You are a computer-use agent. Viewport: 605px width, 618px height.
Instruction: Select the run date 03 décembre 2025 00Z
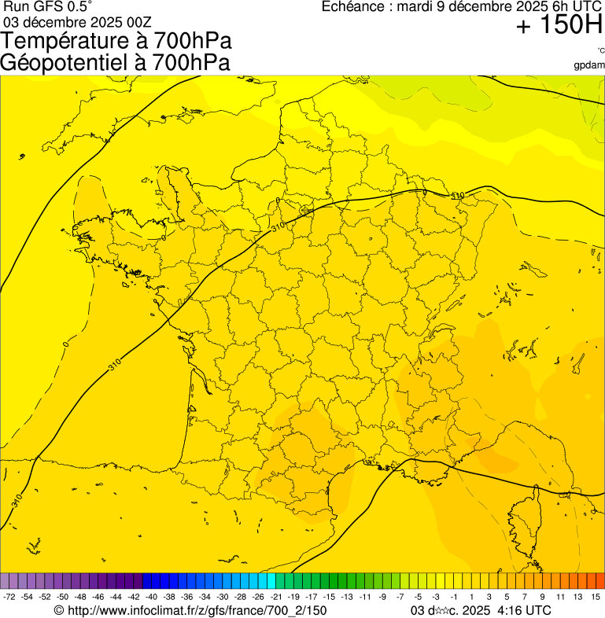(77, 21)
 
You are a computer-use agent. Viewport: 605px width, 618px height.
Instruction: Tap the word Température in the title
(71, 41)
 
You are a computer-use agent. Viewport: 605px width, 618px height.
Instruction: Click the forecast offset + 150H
(559, 26)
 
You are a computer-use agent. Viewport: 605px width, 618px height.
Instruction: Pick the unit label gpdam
(589, 64)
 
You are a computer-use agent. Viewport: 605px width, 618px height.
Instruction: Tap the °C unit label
(600, 51)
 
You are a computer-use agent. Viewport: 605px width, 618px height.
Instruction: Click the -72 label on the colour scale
(9, 598)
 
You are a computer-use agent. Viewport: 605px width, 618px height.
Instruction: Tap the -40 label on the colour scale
(151, 598)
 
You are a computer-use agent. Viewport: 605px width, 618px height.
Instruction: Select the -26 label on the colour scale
(257, 598)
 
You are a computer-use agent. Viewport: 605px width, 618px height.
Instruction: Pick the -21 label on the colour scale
(275, 598)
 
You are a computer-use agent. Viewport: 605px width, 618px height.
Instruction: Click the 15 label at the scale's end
(596, 598)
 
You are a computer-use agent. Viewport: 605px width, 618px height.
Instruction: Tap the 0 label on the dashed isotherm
(66, 344)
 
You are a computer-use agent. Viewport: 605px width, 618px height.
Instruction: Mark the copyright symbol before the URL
(58, 610)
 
